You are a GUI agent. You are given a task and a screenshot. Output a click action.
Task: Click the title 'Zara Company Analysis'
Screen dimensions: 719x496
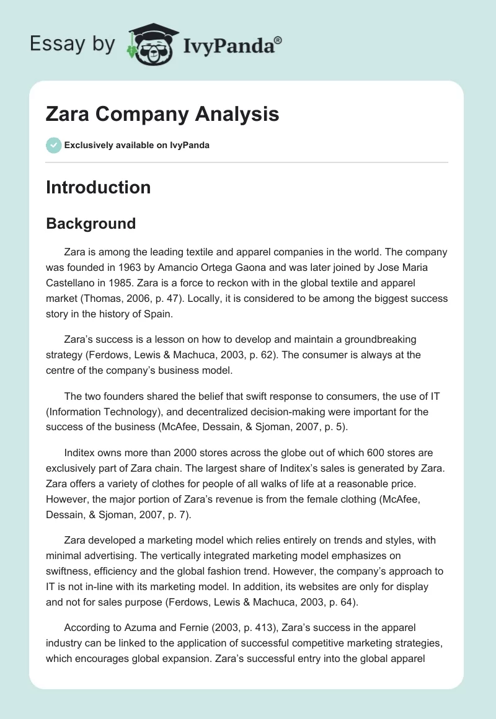tap(162, 115)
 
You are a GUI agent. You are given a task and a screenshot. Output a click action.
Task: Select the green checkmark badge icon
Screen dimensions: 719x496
tap(53, 145)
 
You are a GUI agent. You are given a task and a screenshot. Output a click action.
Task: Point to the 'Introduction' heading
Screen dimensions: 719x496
tap(98, 187)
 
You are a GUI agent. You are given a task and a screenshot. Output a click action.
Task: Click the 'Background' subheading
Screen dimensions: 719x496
tap(91, 223)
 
